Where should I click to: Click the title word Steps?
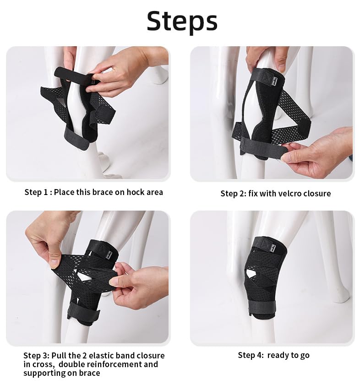182,21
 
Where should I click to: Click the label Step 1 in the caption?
36,192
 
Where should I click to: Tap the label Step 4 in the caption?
251,355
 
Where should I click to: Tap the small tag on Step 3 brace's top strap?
110,254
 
